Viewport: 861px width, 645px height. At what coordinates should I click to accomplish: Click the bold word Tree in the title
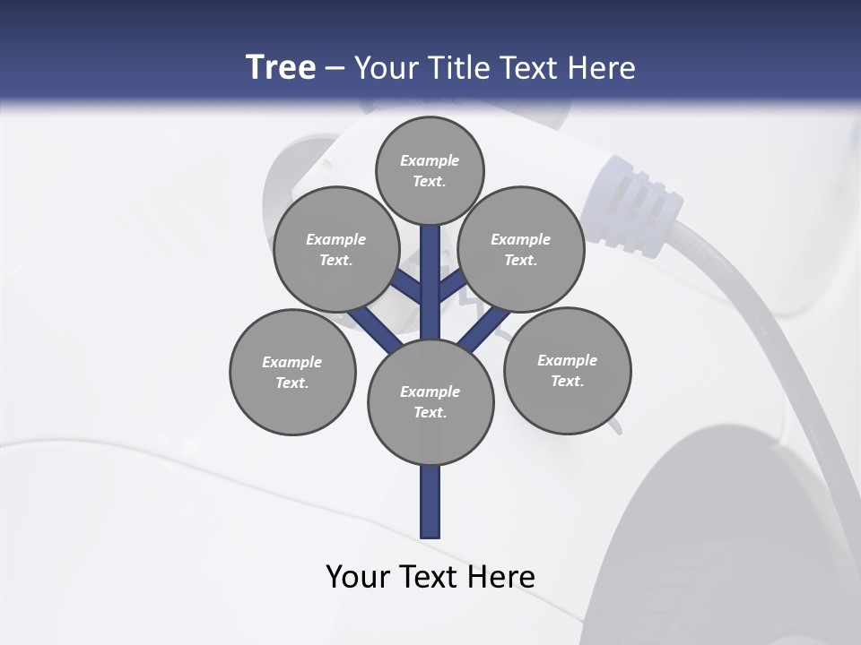(x=281, y=67)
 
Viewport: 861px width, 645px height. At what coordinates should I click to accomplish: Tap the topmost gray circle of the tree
(x=430, y=170)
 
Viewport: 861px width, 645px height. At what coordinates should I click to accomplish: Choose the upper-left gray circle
(x=336, y=249)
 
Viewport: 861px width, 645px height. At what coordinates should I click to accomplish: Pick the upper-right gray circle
(x=521, y=249)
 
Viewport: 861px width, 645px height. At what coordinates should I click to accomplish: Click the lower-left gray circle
(x=292, y=372)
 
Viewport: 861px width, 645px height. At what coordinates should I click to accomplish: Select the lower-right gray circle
(x=568, y=370)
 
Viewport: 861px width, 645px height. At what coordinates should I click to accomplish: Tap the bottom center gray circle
(x=430, y=401)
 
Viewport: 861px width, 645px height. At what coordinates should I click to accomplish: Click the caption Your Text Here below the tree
(x=430, y=577)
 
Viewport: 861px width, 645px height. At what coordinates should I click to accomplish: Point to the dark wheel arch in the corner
(x=717, y=537)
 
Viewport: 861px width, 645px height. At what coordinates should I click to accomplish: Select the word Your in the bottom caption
(x=358, y=577)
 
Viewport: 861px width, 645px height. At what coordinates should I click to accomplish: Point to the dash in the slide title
(x=335, y=68)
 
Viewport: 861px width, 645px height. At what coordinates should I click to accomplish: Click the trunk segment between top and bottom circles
(x=430, y=282)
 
